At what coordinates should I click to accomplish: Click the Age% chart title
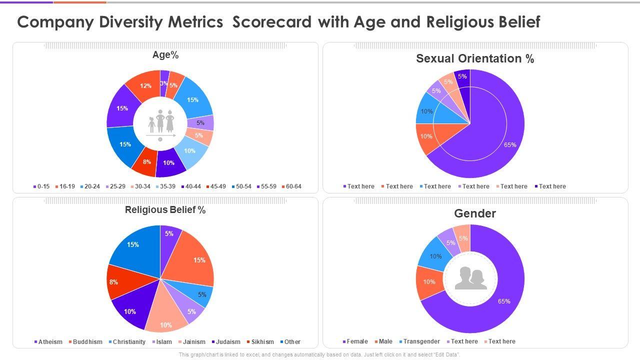(x=165, y=55)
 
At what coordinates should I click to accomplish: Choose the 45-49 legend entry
(x=216, y=186)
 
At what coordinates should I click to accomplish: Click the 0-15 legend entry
(x=41, y=186)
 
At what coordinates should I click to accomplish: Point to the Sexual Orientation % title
(x=475, y=58)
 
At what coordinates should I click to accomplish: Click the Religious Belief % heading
(x=165, y=210)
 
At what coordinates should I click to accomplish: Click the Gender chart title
(x=475, y=213)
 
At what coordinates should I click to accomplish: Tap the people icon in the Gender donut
(x=470, y=278)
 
